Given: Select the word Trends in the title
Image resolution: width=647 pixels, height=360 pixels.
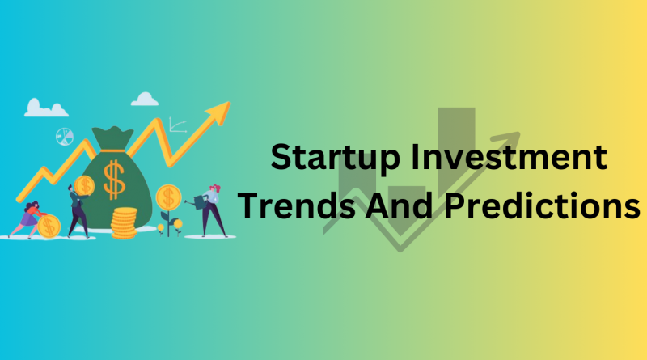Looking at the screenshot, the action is (296, 205).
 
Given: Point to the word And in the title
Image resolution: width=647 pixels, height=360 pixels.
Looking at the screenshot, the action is (399, 205).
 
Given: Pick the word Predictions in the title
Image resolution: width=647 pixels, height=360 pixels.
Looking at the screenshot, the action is (542, 205).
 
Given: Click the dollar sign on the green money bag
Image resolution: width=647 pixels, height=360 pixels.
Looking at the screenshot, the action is (114, 180).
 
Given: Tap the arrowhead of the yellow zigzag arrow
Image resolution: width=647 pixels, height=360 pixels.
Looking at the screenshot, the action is (218, 112).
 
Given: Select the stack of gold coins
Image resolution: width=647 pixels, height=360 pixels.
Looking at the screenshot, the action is (124, 223).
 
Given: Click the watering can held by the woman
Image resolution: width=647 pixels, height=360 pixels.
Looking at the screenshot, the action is (198, 202).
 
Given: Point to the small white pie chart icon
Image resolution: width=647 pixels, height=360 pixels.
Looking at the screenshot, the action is (65, 137).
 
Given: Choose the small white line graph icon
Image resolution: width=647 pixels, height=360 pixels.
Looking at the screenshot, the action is (178, 125).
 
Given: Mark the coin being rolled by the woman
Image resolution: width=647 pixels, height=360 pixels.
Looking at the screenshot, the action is (49, 227).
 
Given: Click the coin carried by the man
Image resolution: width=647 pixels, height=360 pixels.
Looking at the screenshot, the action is (85, 186).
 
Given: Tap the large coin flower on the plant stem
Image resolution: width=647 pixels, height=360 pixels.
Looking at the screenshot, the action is (168, 197).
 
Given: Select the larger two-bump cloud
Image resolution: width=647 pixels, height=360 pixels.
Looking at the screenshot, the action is (46, 108).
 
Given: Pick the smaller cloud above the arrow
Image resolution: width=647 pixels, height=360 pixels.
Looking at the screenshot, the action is (145, 99).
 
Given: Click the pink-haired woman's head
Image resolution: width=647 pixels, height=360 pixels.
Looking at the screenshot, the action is (214, 190).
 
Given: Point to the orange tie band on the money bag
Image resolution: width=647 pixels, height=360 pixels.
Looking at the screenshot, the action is (112, 150).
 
